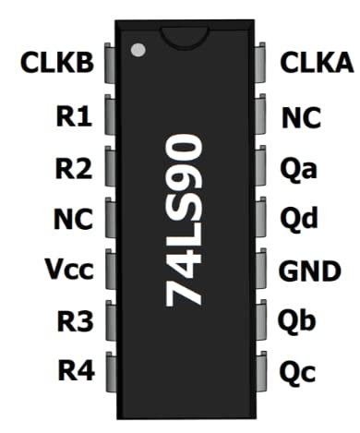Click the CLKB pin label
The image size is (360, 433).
point(56,64)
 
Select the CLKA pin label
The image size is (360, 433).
point(317,64)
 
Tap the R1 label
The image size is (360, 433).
point(75,117)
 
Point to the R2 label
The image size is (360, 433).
point(75,169)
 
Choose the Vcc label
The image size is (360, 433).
point(67,271)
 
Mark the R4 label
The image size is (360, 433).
point(75,372)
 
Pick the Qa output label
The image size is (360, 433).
point(297,169)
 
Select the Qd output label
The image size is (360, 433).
point(297,220)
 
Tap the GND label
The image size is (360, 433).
point(310,271)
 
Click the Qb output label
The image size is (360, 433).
point(297,322)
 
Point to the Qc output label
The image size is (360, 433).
point(297,373)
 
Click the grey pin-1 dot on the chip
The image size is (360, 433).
point(138,49)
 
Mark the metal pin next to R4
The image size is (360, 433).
point(109,371)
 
